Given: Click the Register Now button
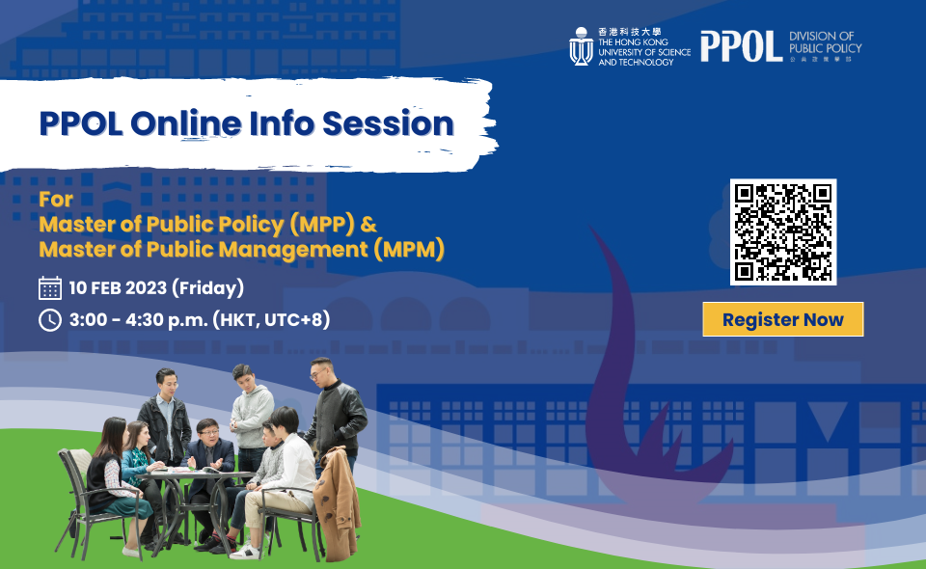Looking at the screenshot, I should tap(782, 319).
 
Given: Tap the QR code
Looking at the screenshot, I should tap(782, 231).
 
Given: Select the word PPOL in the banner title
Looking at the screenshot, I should tap(80, 123).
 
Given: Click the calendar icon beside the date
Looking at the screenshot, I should tap(50, 287).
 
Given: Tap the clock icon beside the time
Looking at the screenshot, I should tap(50, 319).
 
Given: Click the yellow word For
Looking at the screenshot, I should tap(53, 202).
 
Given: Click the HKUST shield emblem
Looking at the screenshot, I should tap(581, 46).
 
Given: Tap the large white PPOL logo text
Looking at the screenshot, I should tap(741, 45).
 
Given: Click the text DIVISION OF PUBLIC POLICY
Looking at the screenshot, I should tap(825, 42).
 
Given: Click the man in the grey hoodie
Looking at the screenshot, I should tap(253, 405).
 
